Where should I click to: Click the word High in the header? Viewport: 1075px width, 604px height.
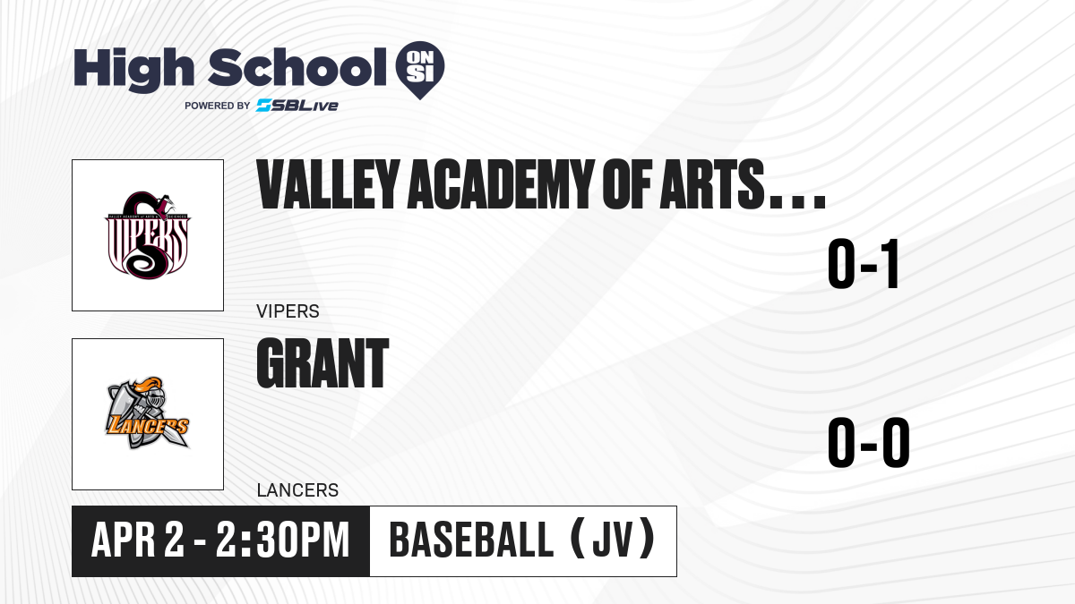coord(134,70)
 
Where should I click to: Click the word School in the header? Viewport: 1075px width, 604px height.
coord(297,67)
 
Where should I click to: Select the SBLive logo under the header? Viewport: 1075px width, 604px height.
coord(297,106)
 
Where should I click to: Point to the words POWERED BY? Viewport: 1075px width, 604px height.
coord(218,106)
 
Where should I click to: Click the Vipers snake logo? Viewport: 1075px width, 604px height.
coord(148,235)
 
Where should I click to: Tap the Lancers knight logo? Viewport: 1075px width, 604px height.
coord(148,413)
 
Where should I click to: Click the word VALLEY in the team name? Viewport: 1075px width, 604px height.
coord(329,184)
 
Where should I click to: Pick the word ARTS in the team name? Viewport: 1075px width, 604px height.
coord(712,184)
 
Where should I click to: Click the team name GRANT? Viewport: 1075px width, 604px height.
coord(322,363)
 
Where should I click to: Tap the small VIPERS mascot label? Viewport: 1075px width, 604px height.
coord(288,311)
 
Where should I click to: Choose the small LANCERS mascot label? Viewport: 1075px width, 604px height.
coord(298,490)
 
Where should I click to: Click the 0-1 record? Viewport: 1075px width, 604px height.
coord(863,264)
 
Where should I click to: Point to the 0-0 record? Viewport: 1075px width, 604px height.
coord(869,442)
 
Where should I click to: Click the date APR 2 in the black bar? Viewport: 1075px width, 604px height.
coord(138,540)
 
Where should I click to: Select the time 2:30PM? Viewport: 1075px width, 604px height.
coord(283,540)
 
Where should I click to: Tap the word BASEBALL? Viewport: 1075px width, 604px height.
coord(472,540)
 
